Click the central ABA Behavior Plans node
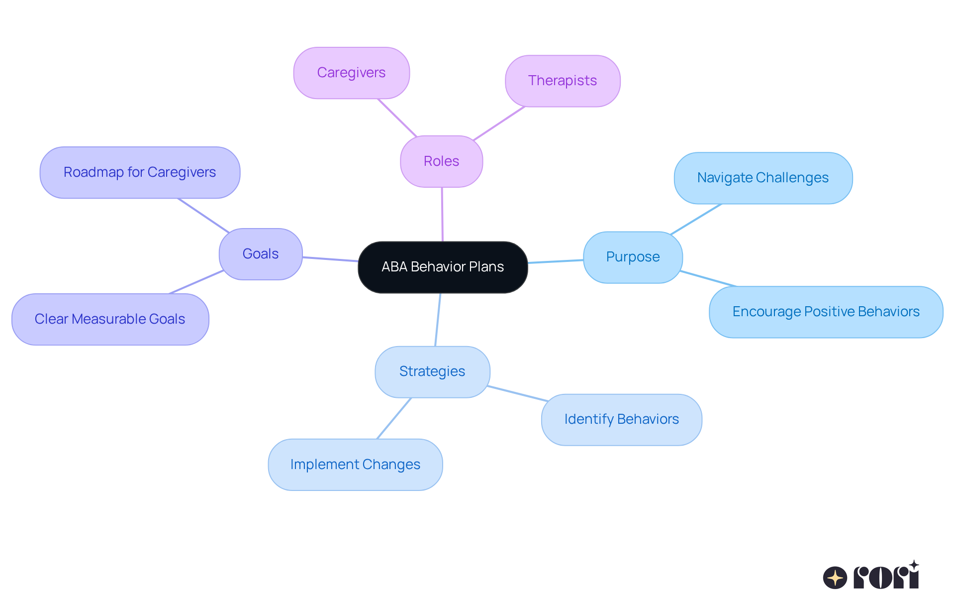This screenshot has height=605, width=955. (443, 267)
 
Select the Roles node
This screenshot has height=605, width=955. (441, 161)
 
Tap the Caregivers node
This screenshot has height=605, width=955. (351, 73)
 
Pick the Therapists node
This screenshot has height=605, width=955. (563, 81)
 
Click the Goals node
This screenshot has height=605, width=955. (261, 254)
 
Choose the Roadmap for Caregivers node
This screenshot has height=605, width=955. (140, 172)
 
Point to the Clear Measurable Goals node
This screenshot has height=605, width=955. (110, 319)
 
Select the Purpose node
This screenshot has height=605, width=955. (633, 257)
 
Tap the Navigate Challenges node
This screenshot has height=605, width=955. (763, 178)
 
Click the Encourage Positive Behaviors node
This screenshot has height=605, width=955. (826, 312)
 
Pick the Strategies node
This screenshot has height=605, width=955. (432, 371)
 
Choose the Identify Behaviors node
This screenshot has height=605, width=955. (621, 419)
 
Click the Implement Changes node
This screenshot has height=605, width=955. (355, 465)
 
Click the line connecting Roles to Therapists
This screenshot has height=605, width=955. (499, 123)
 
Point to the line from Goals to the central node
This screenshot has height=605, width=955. (330, 259)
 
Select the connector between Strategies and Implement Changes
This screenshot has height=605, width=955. (394, 418)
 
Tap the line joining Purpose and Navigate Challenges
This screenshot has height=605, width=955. (695, 219)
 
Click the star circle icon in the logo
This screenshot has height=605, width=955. (835, 578)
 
